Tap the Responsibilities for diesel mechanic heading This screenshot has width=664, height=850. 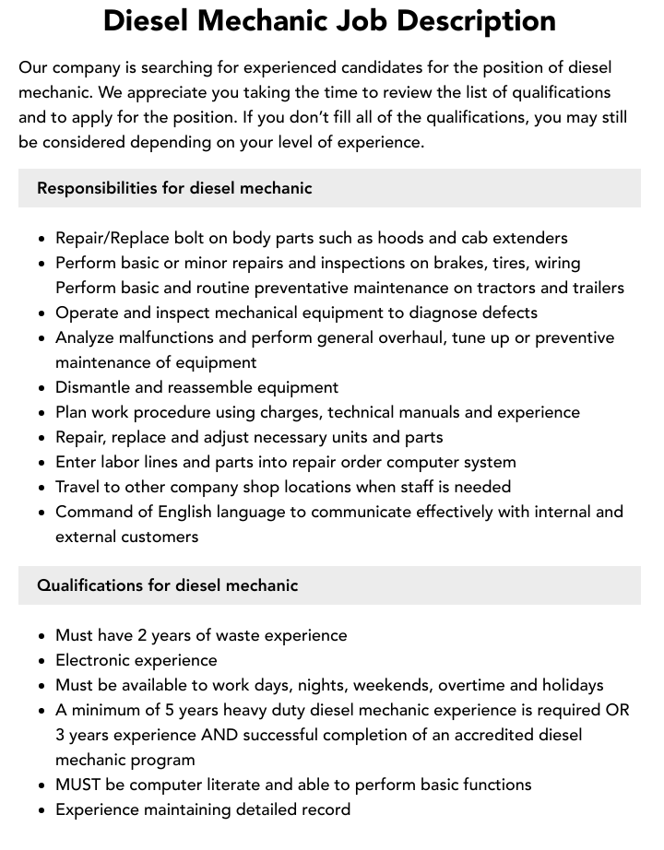pyautogui.click(x=174, y=188)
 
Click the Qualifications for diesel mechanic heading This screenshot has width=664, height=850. pyautogui.click(x=167, y=585)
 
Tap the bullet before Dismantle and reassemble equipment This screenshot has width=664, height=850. pyautogui.click(x=42, y=388)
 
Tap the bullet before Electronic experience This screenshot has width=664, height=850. pyautogui.click(x=42, y=661)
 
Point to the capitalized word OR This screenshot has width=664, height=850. pyautogui.click(x=616, y=710)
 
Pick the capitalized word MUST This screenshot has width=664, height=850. pyautogui.click(x=80, y=785)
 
